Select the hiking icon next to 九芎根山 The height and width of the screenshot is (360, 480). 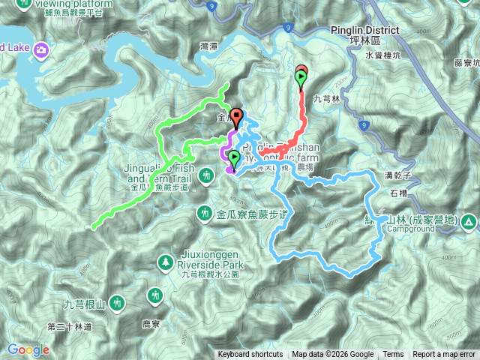pyautogui.click(x=117, y=304)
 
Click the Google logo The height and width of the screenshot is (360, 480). pyautogui.click(x=28, y=350)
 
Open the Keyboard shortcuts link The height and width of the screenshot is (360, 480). pyautogui.click(x=250, y=355)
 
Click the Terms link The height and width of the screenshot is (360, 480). pyautogui.click(x=393, y=355)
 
